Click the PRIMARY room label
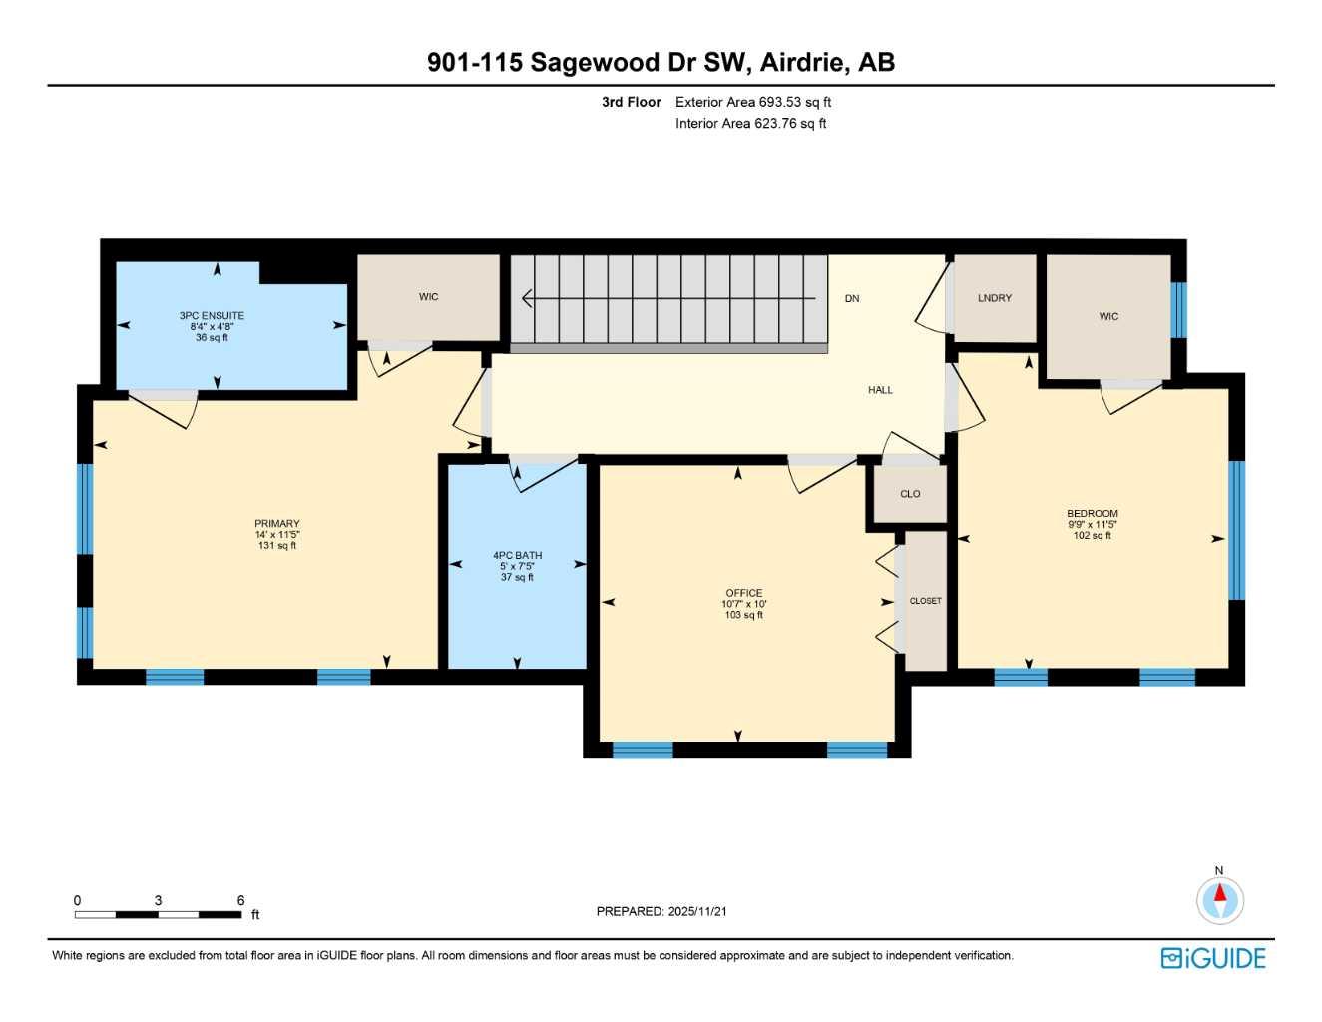point(277,524)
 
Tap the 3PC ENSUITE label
point(212,316)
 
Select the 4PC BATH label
point(517,556)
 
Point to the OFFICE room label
point(744,593)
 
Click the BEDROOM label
point(1093,514)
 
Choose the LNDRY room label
point(995,298)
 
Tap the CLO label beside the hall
point(910,494)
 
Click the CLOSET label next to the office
point(925,601)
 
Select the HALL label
point(880,390)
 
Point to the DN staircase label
point(852,298)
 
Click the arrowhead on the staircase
point(527,298)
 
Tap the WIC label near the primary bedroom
point(428,297)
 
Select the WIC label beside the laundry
point(1108,316)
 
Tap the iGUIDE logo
point(1213,958)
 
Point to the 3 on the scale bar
point(158,900)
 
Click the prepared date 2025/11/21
point(697,911)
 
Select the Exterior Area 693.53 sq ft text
point(753,102)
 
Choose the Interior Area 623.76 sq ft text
point(750,124)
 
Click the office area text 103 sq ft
point(744,615)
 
